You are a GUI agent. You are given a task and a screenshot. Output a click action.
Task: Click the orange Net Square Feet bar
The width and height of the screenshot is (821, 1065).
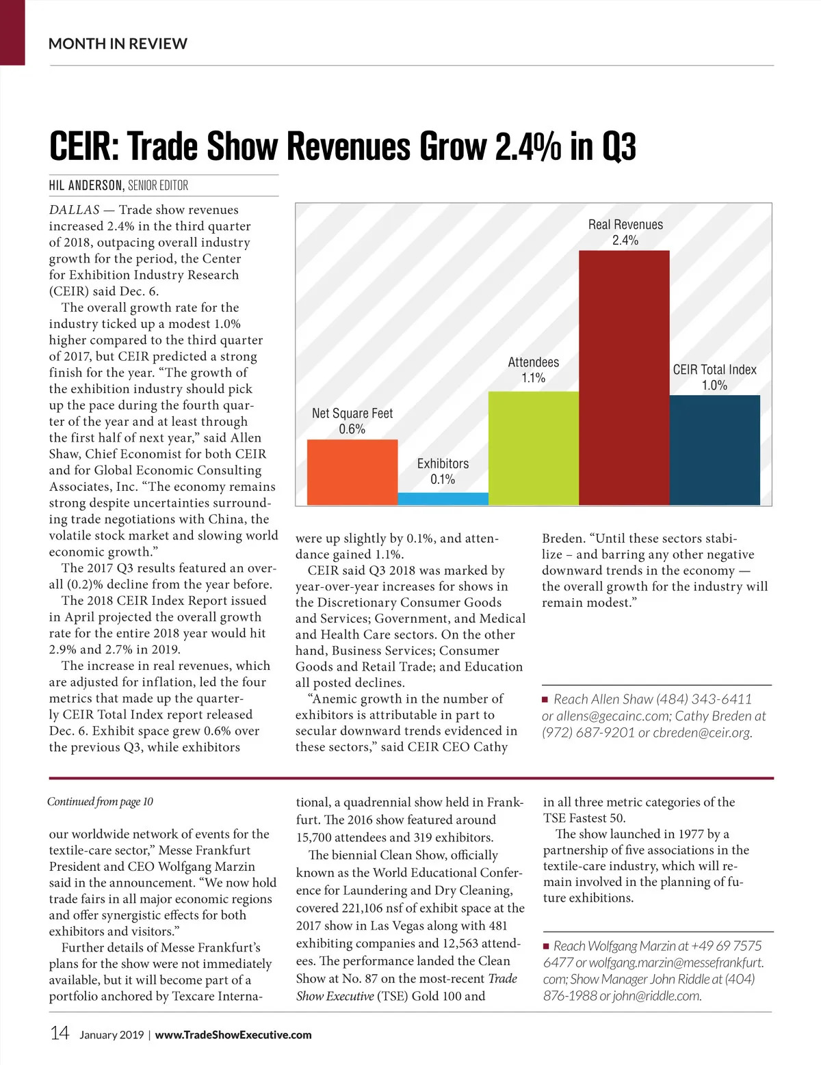coord(352,472)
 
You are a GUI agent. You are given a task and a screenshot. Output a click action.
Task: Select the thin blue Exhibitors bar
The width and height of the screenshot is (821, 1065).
coord(443,499)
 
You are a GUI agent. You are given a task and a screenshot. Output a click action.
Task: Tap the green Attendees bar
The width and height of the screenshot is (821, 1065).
coord(533,448)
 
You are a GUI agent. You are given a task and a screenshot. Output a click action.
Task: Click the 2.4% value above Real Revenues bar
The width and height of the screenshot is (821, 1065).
coord(625,241)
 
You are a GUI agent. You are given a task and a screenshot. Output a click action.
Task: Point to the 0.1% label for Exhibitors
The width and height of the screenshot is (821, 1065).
coord(443,480)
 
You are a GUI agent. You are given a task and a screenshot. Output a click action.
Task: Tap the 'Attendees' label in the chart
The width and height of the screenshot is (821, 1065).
coord(533,362)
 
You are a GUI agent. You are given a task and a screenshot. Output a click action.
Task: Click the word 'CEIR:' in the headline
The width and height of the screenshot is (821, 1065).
coord(84,146)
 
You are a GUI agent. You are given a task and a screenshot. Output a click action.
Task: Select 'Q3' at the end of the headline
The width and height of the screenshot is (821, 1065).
coord(619,146)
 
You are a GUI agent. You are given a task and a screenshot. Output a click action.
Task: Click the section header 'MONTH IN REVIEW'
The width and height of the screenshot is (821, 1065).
coord(118,44)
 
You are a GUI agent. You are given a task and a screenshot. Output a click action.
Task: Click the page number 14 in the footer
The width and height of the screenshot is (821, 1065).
coord(60,1033)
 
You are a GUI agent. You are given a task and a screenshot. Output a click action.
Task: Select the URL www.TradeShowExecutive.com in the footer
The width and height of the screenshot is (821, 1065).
coord(233,1035)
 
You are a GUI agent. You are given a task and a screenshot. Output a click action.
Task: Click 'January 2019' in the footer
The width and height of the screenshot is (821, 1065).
coord(112,1035)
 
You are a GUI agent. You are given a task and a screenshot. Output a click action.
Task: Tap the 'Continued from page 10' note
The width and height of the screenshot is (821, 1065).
coord(100,802)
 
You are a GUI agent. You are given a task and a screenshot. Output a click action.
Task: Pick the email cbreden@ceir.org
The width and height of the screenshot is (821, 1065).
coord(702,733)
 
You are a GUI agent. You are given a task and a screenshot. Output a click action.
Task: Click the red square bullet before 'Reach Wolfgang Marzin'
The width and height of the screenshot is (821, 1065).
coord(546,947)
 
